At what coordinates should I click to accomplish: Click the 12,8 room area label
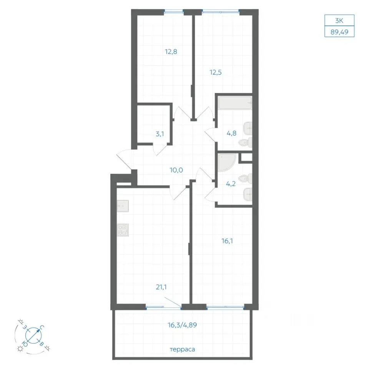(x=171, y=52)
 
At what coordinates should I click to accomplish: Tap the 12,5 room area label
(x=216, y=72)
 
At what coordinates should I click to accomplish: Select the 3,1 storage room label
(x=160, y=134)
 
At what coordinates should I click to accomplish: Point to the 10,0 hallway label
(x=176, y=170)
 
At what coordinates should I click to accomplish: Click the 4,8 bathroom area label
(x=231, y=133)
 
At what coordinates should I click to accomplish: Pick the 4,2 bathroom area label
(x=231, y=184)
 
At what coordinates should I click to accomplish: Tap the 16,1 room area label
(x=227, y=241)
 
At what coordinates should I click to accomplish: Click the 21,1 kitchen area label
(x=161, y=287)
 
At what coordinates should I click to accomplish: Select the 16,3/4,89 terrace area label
(x=182, y=325)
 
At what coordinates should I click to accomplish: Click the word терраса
(x=182, y=349)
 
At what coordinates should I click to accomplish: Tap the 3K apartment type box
(x=339, y=20)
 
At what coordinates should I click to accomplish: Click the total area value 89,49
(x=339, y=32)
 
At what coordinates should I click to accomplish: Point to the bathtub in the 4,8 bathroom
(x=235, y=103)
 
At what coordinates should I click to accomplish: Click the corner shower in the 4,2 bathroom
(x=227, y=163)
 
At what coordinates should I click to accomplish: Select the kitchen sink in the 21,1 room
(x=123, y=206)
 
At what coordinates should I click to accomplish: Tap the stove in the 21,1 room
(x=123, y=230)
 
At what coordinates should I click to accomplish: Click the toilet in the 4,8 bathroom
(x=246, y=142)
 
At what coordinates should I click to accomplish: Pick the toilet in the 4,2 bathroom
(x=246, y=179)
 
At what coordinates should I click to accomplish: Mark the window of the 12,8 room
(x=174, y=11)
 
